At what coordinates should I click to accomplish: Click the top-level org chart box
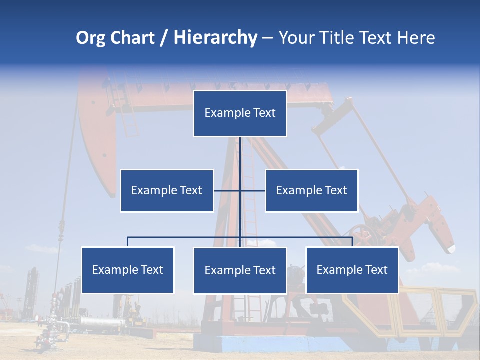coord(240,113)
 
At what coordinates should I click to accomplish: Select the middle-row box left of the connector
coord(167,190)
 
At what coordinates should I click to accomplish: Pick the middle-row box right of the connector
coord(311,190)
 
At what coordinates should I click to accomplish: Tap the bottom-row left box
coord(128,270)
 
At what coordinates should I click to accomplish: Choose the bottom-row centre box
coord(240,270)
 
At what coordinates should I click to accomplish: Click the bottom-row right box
coord(352,270)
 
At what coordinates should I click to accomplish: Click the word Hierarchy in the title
coord(215,38)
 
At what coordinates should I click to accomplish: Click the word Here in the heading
coord(416,38)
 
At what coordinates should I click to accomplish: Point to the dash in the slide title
coord(267,38)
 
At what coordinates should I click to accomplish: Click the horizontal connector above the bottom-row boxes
coord(185,237)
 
